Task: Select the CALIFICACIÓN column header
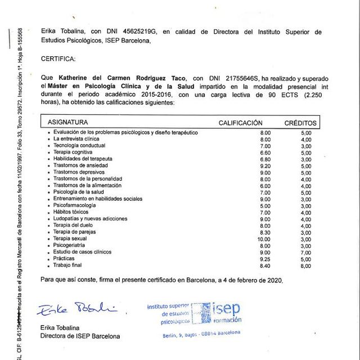click(x=240, y=123)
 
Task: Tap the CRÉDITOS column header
click(x=300, y=123)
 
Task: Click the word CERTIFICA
click(x=58, y=58)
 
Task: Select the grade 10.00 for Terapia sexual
click(x=264, y=239)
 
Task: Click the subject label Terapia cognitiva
click(x=73, y=152)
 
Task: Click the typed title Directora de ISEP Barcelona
click(x=80, y=336)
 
